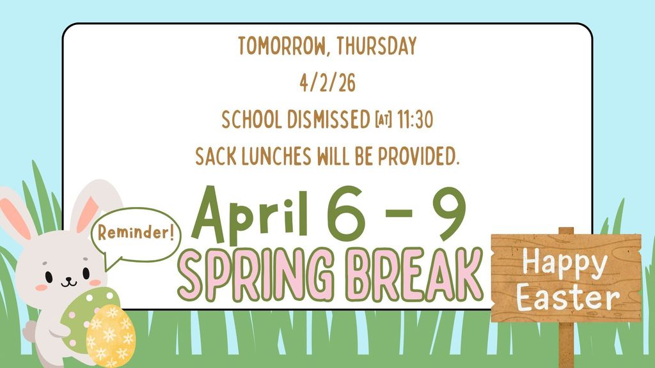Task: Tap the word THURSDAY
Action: (x=377, y=46)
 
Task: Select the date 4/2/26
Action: (x=327, y=82)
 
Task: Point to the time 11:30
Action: (x=414, y=119)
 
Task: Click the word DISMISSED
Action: (x=329, y=119)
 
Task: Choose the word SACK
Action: (x=216, y=157)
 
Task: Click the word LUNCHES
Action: (x=277, y=157)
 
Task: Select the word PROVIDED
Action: (x=418, y=157)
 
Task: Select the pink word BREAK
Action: (x=414, y=275)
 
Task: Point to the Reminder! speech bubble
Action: (x=136, y=234)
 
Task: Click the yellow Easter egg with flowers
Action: (x=111, y=336)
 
